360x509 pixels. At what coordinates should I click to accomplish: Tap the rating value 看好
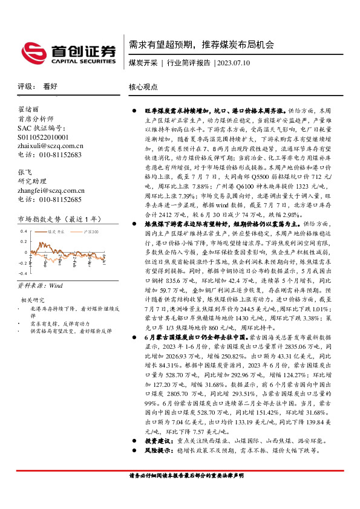pos(50,86)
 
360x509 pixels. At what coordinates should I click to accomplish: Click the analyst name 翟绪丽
pos(29,109)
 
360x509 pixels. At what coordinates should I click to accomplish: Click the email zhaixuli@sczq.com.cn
pos(51,146)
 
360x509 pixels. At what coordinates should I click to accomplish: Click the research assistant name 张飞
pos(25,172)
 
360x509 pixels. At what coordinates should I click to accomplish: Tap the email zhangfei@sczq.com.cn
pos(51,190)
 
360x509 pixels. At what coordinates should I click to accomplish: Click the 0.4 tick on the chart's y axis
pos(24,231)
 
